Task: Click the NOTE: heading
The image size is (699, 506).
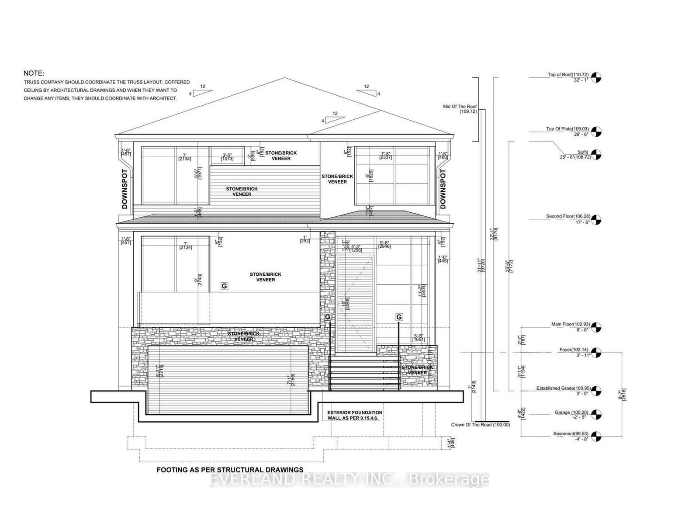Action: [34, 73]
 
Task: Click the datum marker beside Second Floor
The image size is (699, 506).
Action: [596, 219]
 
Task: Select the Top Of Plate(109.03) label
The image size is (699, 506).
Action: [567, 129]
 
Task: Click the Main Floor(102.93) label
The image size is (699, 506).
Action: [571, 324]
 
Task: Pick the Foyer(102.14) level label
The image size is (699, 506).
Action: [574, 350]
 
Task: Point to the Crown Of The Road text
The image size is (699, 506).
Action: [480, 425]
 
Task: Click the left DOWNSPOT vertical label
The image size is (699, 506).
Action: [125, 189]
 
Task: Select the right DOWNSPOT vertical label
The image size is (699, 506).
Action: [443, 189]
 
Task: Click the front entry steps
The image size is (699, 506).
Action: [364, 372]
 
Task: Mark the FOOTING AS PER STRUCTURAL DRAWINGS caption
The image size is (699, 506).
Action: [230, 470]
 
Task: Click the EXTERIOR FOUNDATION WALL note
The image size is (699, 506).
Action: [355, 415]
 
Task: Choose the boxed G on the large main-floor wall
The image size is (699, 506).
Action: [224, 286]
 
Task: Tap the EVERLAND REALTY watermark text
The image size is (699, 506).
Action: [349, 479]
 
